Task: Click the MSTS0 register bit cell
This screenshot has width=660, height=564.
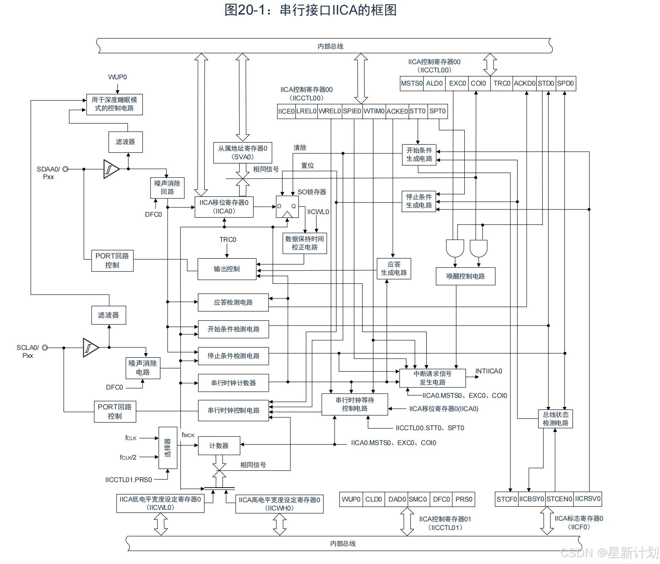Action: click(412, 83)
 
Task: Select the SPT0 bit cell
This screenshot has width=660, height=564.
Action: click(437, 111)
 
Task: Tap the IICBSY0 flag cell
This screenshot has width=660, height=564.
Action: click(532, 499)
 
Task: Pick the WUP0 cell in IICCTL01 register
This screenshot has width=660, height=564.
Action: click(351, 499)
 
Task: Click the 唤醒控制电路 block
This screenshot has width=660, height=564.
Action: click(465, 276)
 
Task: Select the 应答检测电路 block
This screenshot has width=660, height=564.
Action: click(233, 302)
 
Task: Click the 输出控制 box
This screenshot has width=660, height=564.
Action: click(227, 269)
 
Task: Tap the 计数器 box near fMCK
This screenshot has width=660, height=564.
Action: click(219, 446)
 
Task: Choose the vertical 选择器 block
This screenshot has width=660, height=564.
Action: click(168, 448)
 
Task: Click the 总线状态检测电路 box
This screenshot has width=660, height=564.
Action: click(556, 419)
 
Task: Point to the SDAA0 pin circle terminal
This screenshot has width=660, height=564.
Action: click(65, 169)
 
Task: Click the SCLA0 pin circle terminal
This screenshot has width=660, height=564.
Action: click(45, 348)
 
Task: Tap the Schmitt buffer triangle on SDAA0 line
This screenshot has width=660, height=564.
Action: click(110, 169)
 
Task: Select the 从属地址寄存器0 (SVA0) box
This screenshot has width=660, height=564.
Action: click(242, 153)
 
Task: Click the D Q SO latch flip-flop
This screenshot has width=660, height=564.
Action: click(287, 207)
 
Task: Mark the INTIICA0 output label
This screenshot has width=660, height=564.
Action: click(489, 371)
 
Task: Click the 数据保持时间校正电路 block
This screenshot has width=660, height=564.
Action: click(305, 243)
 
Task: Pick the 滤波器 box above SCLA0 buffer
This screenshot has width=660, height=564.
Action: click(109, 315)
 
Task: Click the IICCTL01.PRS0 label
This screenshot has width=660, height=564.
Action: click(128, 480)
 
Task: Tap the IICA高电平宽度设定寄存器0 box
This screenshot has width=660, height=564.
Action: click(279, 504)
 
